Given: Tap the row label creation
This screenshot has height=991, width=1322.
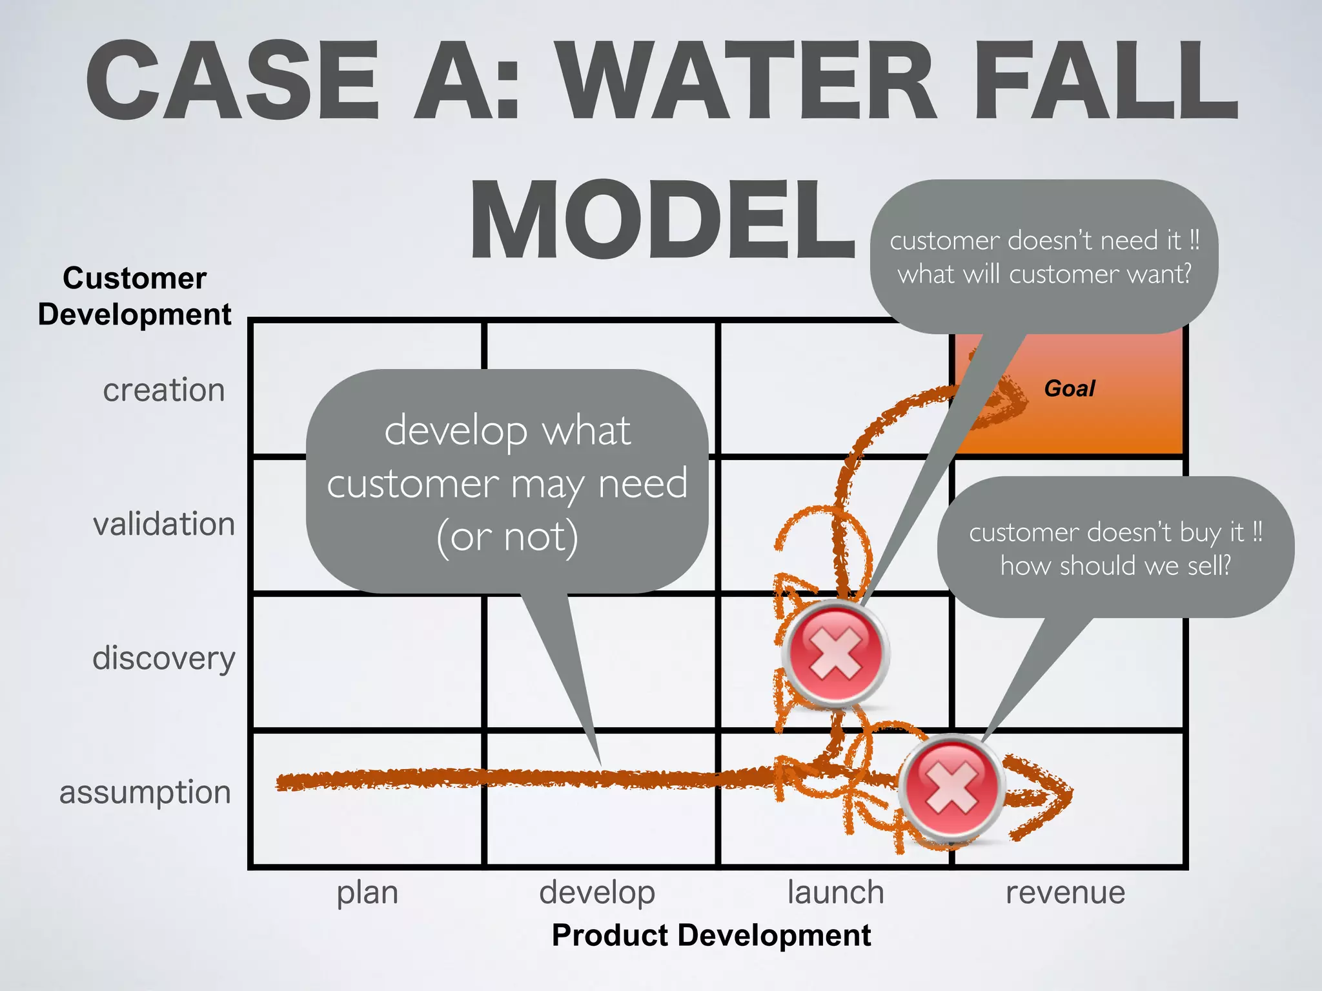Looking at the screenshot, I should point(164,390).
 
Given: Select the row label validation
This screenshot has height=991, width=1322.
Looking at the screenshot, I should point(164,523).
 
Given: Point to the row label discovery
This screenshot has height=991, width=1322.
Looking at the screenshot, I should point(164,658).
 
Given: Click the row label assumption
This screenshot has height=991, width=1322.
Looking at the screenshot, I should point(145,792).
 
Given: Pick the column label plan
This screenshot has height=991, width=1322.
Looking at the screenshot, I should point(367,893).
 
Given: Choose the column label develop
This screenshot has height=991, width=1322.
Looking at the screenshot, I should point(597,893).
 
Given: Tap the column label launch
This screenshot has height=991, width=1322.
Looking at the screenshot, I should point(835,893).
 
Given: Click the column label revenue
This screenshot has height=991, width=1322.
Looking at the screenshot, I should point(1065,893).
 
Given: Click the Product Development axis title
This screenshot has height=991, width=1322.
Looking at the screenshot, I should point(711,936).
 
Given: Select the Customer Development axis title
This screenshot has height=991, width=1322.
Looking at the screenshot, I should point(134,296).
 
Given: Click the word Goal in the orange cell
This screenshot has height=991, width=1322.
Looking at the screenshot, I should point(1070,388).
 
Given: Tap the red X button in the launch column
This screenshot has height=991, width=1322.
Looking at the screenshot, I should point(836,653).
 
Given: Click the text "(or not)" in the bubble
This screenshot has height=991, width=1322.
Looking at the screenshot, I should point(507,537).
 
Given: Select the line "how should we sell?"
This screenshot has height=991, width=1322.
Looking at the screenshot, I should point(1115,566).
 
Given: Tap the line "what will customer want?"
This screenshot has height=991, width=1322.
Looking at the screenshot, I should point(1044,274).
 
